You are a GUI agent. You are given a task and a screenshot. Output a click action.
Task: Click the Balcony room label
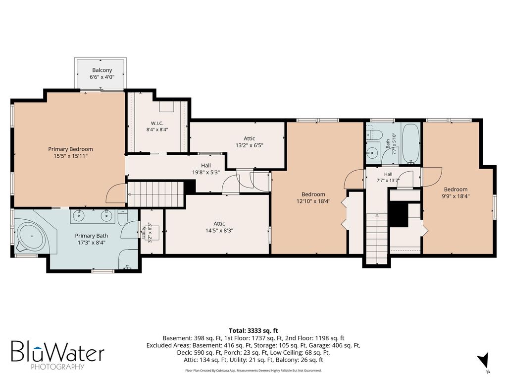click(x=102, y=70)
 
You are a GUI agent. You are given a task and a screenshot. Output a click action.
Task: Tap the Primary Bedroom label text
click(x=70, y=149)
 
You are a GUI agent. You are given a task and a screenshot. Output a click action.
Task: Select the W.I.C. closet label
click(x=157, y=123)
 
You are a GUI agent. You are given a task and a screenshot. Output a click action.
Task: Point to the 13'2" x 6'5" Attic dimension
click(x=250, y=145)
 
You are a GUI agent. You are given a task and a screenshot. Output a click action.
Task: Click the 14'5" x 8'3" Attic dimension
click(x=219, y=231)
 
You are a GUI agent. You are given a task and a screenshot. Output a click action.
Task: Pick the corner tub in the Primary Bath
click(x=32, y=236)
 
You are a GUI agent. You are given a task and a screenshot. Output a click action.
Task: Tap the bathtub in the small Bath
click(x=410, y=143)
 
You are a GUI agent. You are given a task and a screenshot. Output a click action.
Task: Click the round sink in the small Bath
click(x=373, y=152)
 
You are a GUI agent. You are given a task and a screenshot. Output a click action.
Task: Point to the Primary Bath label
click(x=92, y=236)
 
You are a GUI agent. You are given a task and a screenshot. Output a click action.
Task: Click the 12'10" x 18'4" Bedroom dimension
click(x=313, y=201)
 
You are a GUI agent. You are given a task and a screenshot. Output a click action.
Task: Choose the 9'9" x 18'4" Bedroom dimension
click(x=456, y=196)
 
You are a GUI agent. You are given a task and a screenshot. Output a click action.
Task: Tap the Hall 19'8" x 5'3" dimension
click(x=206, y=172)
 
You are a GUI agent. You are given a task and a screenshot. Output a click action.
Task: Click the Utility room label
click(x=144, y=232)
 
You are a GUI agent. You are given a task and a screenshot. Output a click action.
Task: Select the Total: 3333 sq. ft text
click(x=253, y=331)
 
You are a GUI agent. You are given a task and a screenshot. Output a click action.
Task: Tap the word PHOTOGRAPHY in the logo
click(x=57, y=367)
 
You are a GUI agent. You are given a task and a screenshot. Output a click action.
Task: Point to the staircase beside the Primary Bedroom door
click(x=156, y=194)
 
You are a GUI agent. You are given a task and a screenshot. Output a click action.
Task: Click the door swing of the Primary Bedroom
click(x=113, y=191)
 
